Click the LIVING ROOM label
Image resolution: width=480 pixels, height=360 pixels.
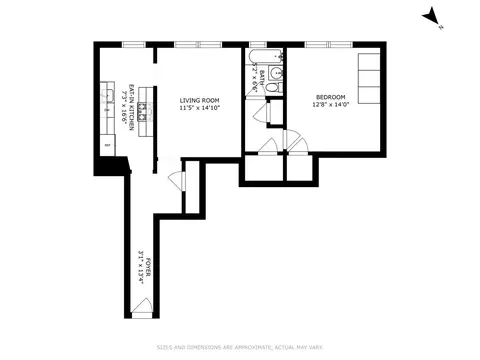[x=199, y=101]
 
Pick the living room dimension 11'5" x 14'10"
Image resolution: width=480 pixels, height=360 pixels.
[x=199, y=108]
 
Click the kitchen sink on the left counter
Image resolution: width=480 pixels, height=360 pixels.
[x=107, y=99]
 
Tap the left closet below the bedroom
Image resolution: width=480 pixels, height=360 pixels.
[x=263, y=168]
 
